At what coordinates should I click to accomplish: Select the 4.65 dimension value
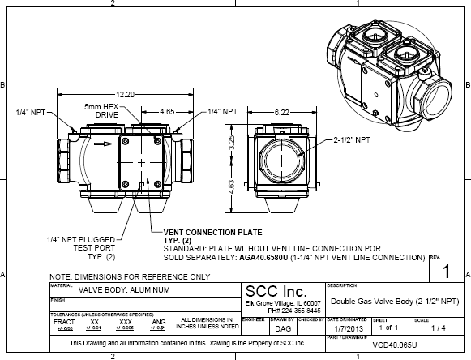(x=168, y=109)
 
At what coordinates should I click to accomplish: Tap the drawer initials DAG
(x=281, y=330)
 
